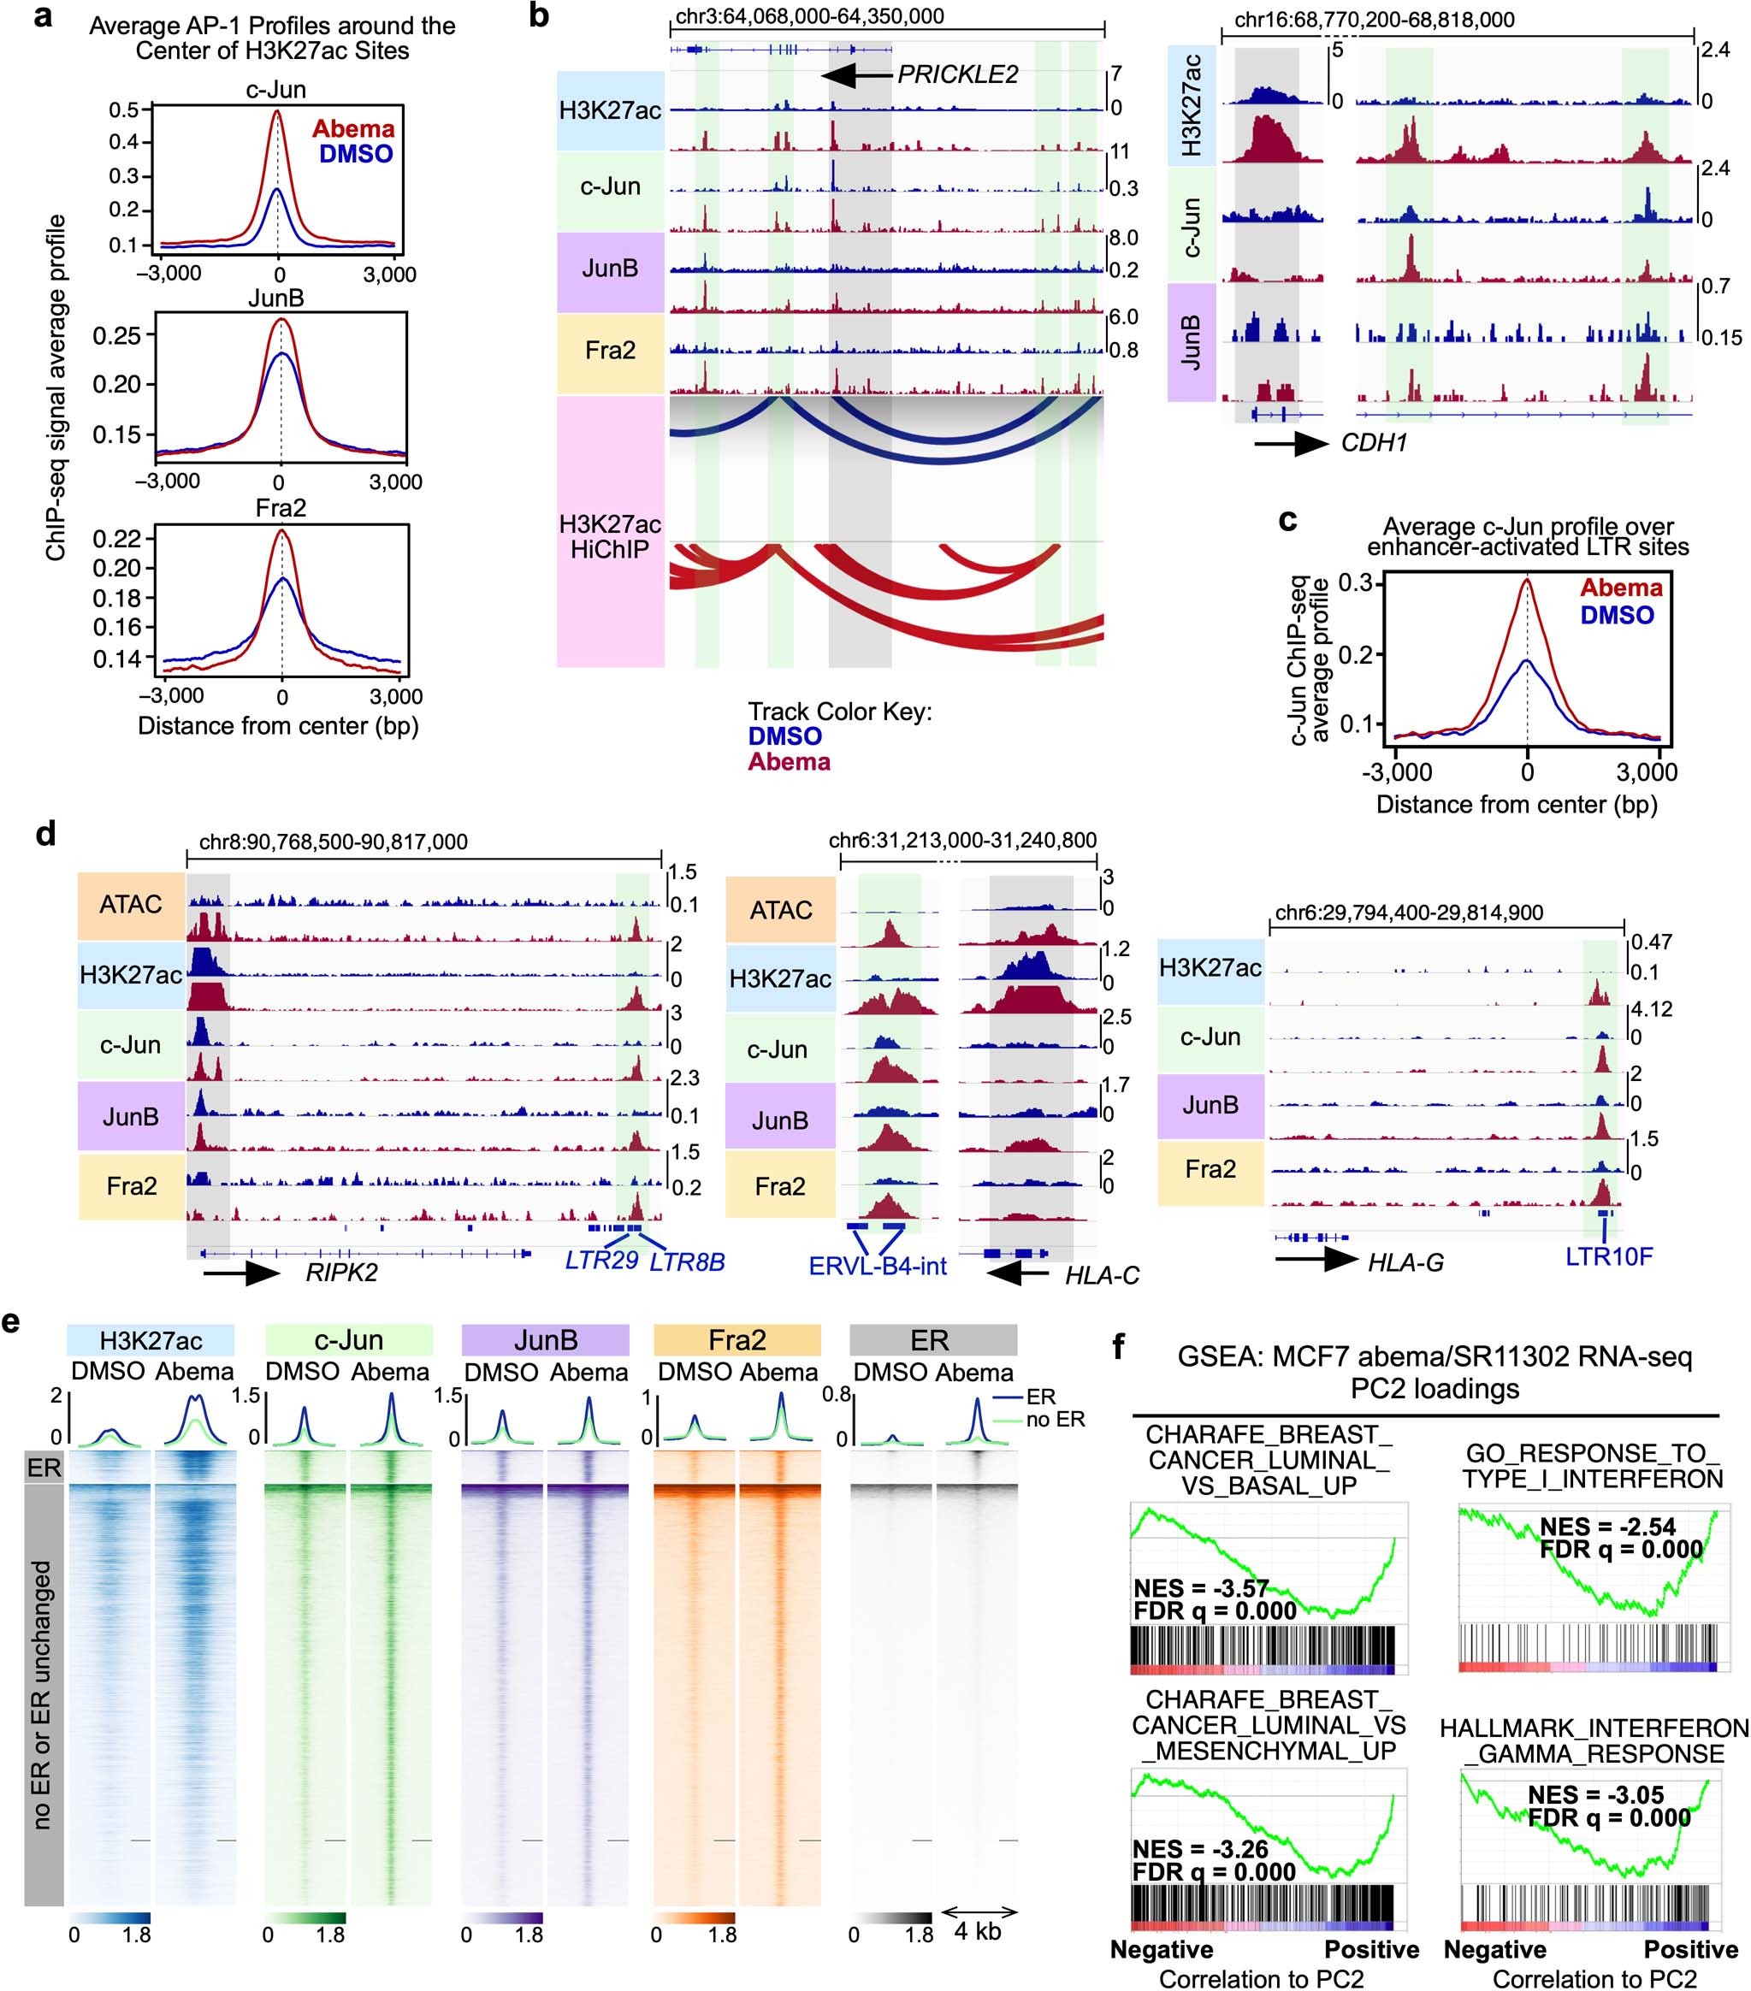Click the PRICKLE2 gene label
coord(957,74)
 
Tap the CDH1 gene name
coord(1374,443)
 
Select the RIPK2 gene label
coord(341,1272)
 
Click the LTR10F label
coord(1609,1256)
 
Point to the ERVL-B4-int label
coord(877,1267)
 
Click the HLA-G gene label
coord(1405,1262)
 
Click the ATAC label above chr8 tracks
coord(131,904)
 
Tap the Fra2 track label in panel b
coord(610,350)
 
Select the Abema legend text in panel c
coord(1620,588)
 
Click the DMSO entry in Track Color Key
coord(784,736)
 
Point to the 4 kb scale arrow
coord(979,1912)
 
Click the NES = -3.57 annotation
coord(1200,1589)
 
